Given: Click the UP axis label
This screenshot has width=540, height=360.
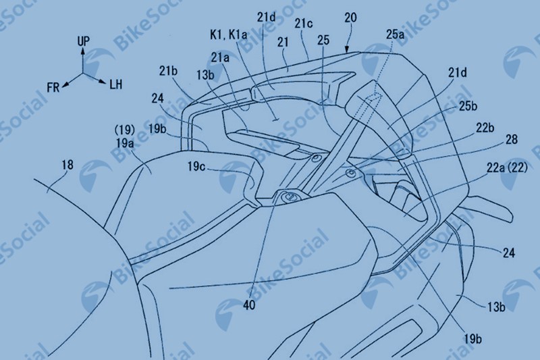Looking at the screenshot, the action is click(x=83, y=41).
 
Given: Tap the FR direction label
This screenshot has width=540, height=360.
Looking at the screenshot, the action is click(x=53, y=88).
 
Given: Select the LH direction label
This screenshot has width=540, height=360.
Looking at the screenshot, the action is click(x=115, y=84).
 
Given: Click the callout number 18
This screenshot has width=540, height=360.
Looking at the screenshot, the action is click(x=67, y=165).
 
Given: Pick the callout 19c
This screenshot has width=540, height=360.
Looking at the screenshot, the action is click(x=196, y=166).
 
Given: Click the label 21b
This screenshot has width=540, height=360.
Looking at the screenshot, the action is click(x=168, y=71).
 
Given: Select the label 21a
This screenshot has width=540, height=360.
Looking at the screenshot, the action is click(x=220, y=57).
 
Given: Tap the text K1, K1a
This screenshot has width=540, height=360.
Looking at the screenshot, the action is click(x=228, y=35).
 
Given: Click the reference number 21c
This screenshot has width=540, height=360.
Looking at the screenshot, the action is click(x=303, y=24).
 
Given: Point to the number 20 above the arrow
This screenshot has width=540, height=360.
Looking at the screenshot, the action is click(x=350, y=18).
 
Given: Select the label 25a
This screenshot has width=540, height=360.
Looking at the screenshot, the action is click(x=395, y=34).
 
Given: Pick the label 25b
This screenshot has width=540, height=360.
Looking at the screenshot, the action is click(x=468, y=106).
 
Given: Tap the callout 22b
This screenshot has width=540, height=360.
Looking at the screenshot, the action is click(x=485, y=128).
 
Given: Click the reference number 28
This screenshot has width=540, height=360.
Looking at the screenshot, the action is click(x=512, y=139).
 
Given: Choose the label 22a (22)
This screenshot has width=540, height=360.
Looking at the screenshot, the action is click(x=507, y=168).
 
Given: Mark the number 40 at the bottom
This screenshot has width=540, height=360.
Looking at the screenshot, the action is click(x=249, y=305).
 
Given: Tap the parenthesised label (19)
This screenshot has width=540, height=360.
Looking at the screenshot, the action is click(x=124, y=130).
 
